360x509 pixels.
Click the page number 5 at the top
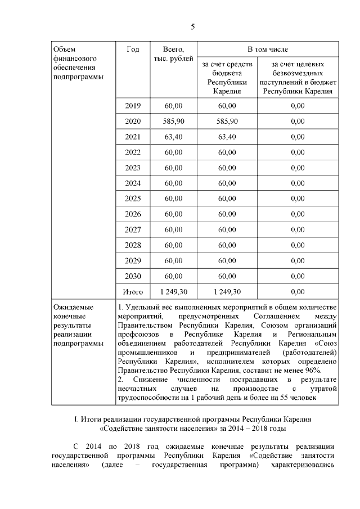(x=192, y=26)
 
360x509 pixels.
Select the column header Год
(x=133, y=49)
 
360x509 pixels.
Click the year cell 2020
(x=133, y=121)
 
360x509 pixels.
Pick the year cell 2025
(x=133, y=199)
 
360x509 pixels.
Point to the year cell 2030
(x=133, y=276)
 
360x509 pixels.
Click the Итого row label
(x=133, y=291)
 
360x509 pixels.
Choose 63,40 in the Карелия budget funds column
(x=227, y=137)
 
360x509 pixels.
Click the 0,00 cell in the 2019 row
(x=298, y=106)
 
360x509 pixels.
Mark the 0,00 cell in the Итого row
(x=298, y=291)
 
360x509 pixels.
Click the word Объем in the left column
(x=63, y=49)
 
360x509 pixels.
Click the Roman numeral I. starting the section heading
(x=76, y=420)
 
